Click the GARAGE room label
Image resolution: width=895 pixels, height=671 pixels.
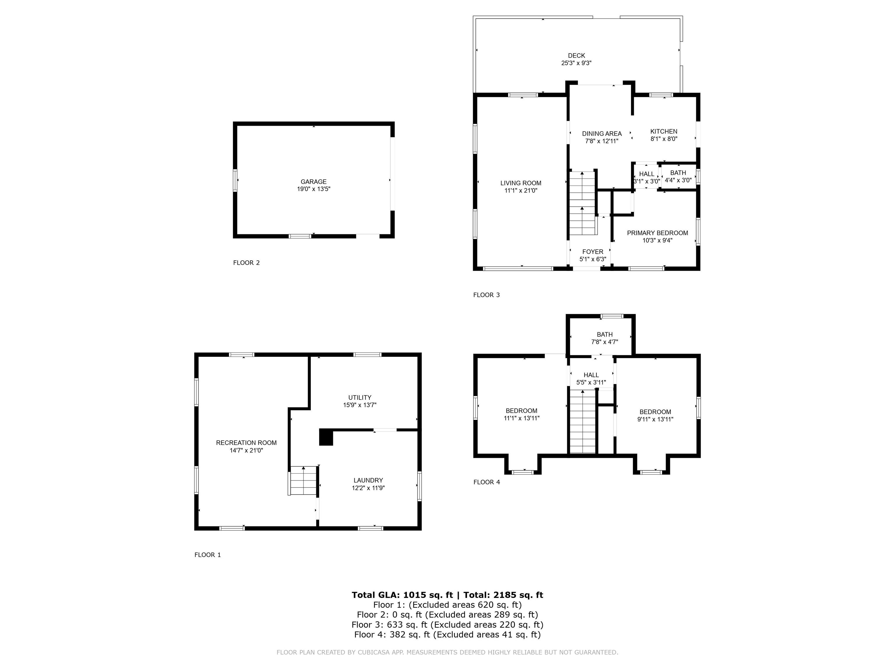click(313, 182)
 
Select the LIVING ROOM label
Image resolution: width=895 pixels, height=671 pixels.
click(520, 183)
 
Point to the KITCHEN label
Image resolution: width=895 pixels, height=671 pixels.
click(664, 131)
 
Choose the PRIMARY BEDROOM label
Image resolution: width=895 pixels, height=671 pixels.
click(658, 233)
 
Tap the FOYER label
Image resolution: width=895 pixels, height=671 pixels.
click(593, 252)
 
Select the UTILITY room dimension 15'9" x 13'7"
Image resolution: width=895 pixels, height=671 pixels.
click(360, 405)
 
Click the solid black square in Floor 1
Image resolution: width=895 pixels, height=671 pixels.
click(326, 437)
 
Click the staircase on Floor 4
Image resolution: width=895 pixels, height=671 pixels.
click(583, 421)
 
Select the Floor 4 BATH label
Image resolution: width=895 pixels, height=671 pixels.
click(605, 335)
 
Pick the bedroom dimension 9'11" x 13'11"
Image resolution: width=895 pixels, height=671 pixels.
click(655, 419)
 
